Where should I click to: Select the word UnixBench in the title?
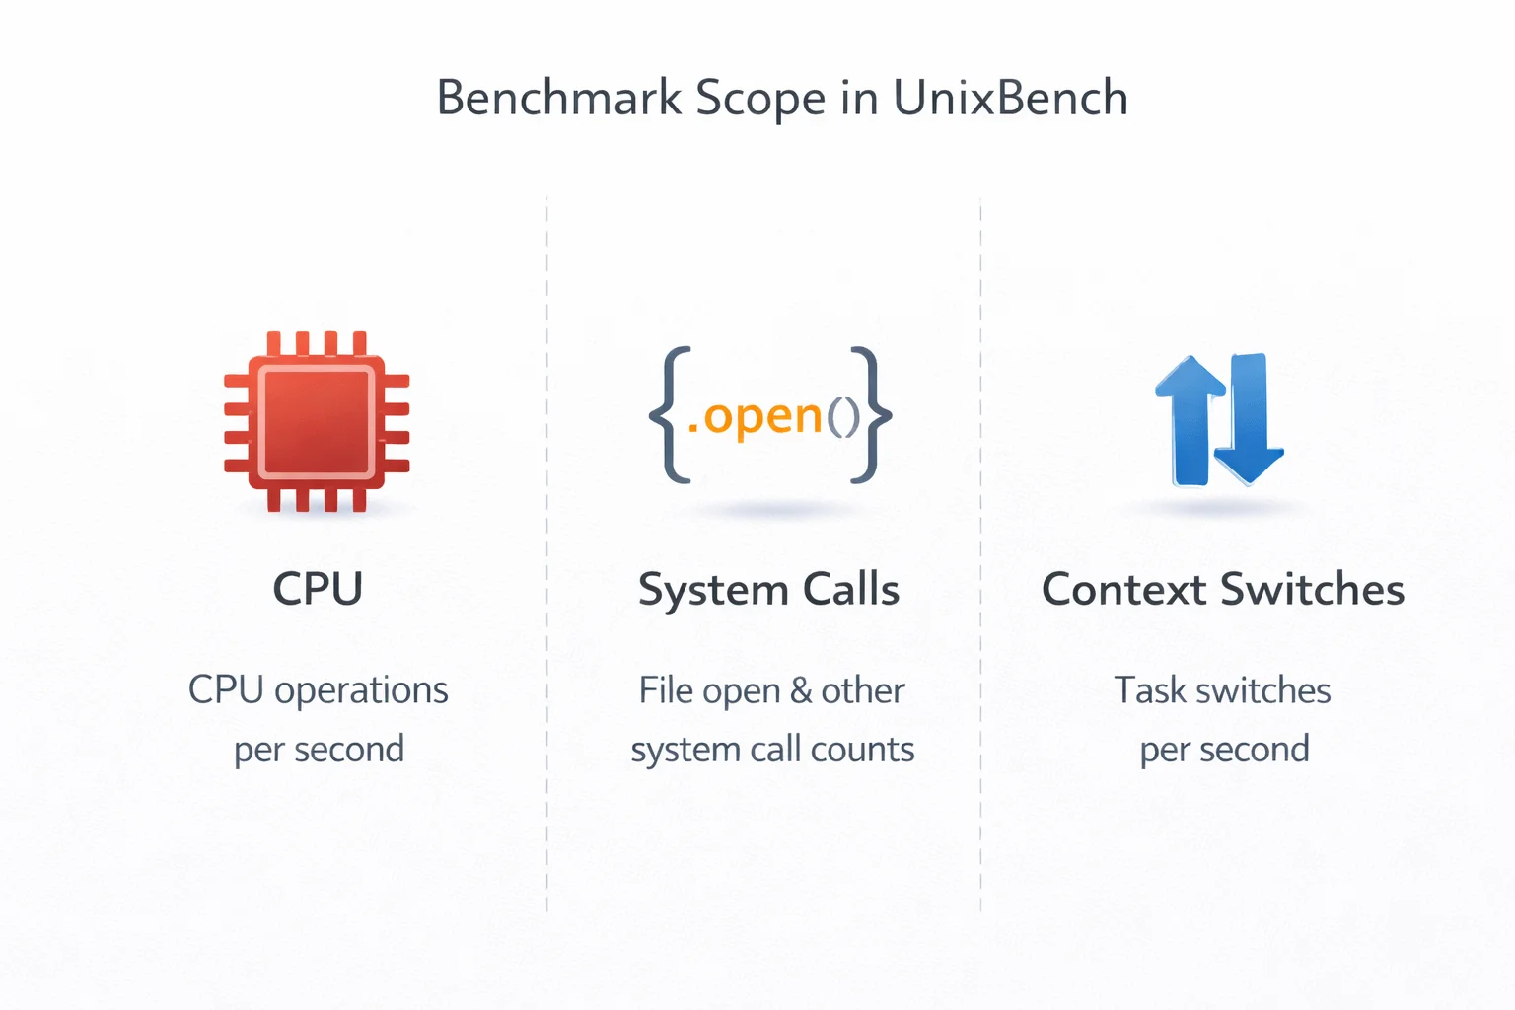coord(1010,99)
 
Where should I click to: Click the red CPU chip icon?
coord(317,421)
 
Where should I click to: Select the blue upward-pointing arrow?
coord(1190,420)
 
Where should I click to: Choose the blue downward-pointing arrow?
coord(1249,420)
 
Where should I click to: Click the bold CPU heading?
coord(318,589)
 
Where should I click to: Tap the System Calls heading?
coord(768,590)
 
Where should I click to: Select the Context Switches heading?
coord(1223,590)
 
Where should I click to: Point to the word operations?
coord(361,690)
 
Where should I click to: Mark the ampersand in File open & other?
coord(801,690)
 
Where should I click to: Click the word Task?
coord(1150,690)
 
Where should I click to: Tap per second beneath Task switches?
coord(1224,750)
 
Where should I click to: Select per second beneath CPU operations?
coord(319,750)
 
